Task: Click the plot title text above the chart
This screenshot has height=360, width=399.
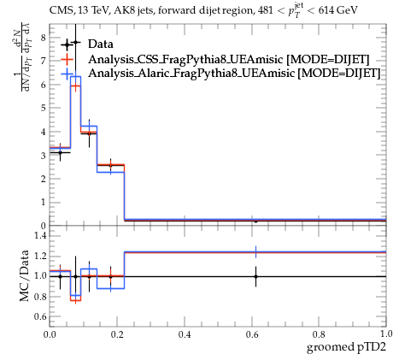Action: (x=203, y=11)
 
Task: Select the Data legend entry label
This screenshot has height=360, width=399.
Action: (x=101, y=44)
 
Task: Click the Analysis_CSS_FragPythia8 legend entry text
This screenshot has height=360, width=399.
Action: (x=228, y=60)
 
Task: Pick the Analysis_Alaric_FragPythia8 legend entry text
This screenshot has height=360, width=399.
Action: (x=234, y=74)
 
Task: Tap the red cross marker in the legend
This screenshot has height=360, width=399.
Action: (x=67, y=59)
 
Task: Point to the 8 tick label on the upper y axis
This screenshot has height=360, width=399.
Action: (x=43, y=38)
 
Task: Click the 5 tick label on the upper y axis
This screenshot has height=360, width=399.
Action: (x=43, y=109)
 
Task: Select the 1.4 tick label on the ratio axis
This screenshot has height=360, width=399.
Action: (x=40, y=235)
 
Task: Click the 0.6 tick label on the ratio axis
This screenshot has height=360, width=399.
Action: (x=40, y=316)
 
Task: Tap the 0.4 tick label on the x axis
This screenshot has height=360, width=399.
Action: (x=185, y=334)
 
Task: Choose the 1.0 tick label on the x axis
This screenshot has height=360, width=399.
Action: (x=386, y=334)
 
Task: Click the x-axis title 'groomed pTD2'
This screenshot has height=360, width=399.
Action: (x=346, y=347)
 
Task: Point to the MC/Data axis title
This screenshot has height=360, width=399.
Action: (x=25, y=275)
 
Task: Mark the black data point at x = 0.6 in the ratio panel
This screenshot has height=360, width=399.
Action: (x=255, y=276)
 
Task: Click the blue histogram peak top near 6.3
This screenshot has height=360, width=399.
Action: (x=76, y=76)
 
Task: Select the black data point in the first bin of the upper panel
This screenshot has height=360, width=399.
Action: (x=60, y=152)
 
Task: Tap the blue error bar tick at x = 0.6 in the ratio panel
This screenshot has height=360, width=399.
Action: (x=255, y=252)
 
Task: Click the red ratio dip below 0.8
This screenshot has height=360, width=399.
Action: (x=76, y=300)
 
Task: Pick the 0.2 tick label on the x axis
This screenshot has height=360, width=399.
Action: (x=117, y=334)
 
